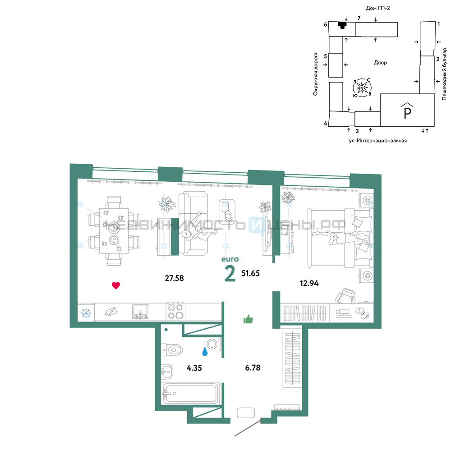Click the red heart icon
pos(115,285)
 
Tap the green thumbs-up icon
pos(248,319)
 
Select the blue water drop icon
pos(205,351)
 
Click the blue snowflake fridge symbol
pos(86,313)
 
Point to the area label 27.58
pos(174,278)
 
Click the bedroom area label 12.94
pos(309,283)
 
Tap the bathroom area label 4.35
pos(194,368)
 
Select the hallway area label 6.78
pos(253,368)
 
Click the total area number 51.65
pos(250,273)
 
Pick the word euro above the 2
pos(230,259)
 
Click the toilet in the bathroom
pos(172,350)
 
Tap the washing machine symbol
pos(213,344)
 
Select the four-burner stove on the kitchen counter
pos(176,311)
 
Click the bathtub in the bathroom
pos(190,393)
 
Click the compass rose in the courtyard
pos(362,87)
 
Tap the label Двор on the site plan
pos(380,62)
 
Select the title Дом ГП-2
pos(377,8)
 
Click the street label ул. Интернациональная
pos(377,141)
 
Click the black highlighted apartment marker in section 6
pos(342,25)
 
